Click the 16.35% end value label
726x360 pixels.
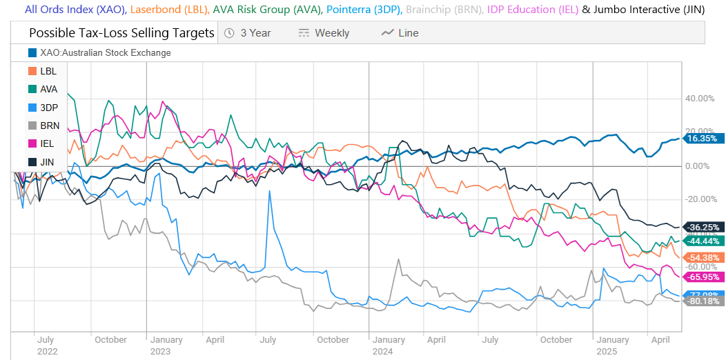(703, 138)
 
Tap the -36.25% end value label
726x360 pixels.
(703, 227)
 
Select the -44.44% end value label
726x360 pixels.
(703, 241)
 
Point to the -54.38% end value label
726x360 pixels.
(703, 257)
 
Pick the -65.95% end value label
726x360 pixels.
(703, 277)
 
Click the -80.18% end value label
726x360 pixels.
(703, 301)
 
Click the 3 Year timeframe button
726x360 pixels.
(248, 33)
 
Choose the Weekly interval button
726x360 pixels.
(324, 33)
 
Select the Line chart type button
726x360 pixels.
(400, 33)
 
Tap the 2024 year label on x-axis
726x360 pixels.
(382, 351)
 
